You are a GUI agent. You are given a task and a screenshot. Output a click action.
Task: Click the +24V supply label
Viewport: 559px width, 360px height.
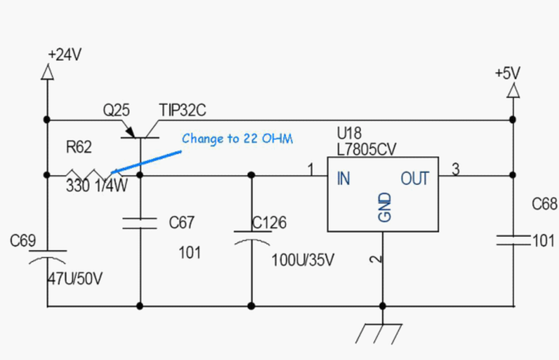(x=65, y=54)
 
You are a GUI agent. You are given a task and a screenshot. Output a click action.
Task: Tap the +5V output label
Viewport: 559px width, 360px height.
(x=508, y=73)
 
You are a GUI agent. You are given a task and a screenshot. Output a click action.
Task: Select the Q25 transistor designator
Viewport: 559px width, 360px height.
(x=117, y=110)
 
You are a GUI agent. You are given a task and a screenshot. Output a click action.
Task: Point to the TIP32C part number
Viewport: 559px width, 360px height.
(x=183, y=110)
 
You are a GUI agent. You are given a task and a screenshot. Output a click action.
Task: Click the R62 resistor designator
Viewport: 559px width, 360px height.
(x=79, y=147)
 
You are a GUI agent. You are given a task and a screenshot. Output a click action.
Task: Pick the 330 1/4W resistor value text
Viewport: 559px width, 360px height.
(x=97, y=186)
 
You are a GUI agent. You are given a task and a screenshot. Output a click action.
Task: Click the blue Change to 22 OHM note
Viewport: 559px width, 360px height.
(x=237, y=139)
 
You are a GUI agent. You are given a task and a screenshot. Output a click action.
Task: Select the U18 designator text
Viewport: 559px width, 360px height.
(x=350, y=134)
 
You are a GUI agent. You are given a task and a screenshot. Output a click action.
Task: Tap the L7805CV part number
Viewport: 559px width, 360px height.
(x=367, y=150)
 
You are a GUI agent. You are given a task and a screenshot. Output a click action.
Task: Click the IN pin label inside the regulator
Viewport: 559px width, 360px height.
(x=344, y=178)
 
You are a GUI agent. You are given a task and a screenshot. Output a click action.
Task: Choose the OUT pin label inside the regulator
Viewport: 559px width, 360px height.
(x=414, y=179)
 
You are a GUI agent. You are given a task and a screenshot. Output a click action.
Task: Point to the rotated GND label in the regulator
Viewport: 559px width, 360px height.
(x=385, y=208)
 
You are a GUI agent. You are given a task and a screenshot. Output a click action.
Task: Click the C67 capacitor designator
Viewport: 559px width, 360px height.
(x=182, y=222)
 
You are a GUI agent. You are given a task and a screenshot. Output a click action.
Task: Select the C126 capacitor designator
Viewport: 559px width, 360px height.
(x=269, y=223)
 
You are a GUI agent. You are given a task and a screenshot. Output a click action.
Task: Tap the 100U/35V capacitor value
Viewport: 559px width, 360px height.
(x=303, y=260)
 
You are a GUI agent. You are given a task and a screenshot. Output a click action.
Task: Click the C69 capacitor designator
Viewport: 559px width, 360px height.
(x=23, y=241)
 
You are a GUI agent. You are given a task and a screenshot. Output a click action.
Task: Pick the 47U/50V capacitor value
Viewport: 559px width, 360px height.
(x=75, y=278)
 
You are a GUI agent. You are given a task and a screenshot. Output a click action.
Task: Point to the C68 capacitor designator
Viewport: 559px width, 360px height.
(x=545, y=204)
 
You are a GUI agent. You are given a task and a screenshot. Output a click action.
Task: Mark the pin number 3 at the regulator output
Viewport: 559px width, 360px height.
(x=455, y=169)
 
